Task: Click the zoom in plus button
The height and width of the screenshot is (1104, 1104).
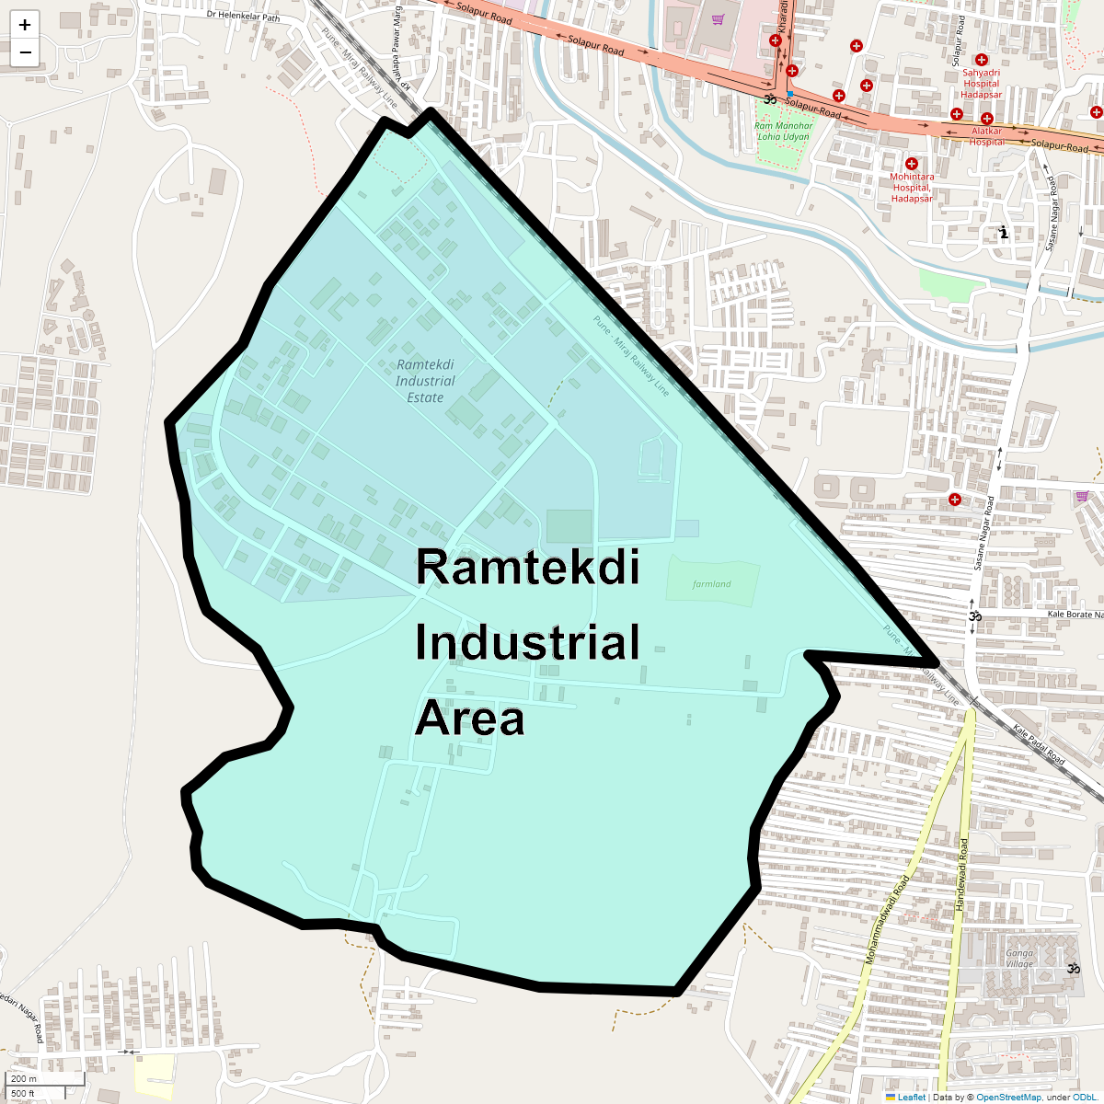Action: tap(25, 25)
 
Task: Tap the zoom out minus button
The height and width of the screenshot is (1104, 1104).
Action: tap(25, 52)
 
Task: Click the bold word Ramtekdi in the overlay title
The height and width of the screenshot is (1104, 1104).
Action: tap(527, 567)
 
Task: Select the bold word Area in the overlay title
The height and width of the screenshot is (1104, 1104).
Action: tap(470, 719)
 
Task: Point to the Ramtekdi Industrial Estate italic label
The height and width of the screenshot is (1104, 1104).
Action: tap(425, 381)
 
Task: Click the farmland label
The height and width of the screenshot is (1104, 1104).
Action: tap(712, 584)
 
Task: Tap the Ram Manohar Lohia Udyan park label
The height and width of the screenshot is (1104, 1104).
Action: tap(784, 132)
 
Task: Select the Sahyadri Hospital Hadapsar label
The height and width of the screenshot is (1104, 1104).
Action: tap(982, 84)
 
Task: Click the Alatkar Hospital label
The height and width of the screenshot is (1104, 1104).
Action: tap(987, 136)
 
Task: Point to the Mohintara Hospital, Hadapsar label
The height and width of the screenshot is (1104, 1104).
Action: tap(912, 188)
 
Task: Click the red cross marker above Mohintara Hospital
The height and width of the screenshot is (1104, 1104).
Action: tap(912, 164)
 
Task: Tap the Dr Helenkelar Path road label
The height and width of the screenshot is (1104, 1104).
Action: tap(243, 16)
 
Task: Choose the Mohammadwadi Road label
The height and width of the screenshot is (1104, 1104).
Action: tap(887, 920)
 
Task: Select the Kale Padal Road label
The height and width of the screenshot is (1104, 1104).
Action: tap(1039, 745)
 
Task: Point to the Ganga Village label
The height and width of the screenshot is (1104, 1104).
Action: tap(1019, 959)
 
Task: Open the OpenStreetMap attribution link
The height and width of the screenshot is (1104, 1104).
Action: tap(1008, 1097)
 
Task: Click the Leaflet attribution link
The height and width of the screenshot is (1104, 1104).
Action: tap(911, 1097)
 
